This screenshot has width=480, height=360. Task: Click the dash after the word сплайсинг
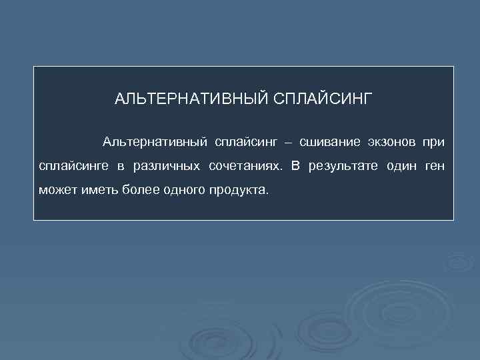(288, 142)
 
